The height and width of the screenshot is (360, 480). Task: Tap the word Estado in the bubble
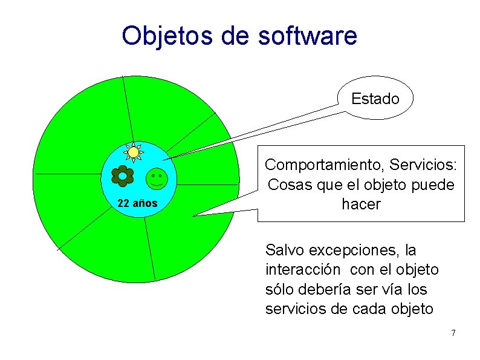pyautogui.click(x=375, y=99)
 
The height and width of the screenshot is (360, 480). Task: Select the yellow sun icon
pyautogui.click(x=133, y=152)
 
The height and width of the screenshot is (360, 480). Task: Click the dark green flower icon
pyautogui.click(x=123, y=175)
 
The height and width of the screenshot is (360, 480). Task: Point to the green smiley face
pyautogui.click(x=157, y=178)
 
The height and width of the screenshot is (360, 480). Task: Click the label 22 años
pyautogui.click(x=137, y=203)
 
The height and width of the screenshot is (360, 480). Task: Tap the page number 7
pyautogui.click(x=453, y=333)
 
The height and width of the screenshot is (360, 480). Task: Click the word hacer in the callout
pyautogui.click(x=361, y=205)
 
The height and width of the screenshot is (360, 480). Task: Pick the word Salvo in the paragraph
pyautogui.click(x=285, y=250)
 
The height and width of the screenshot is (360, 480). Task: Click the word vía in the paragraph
pyautogui.click(x=384, y=289)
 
